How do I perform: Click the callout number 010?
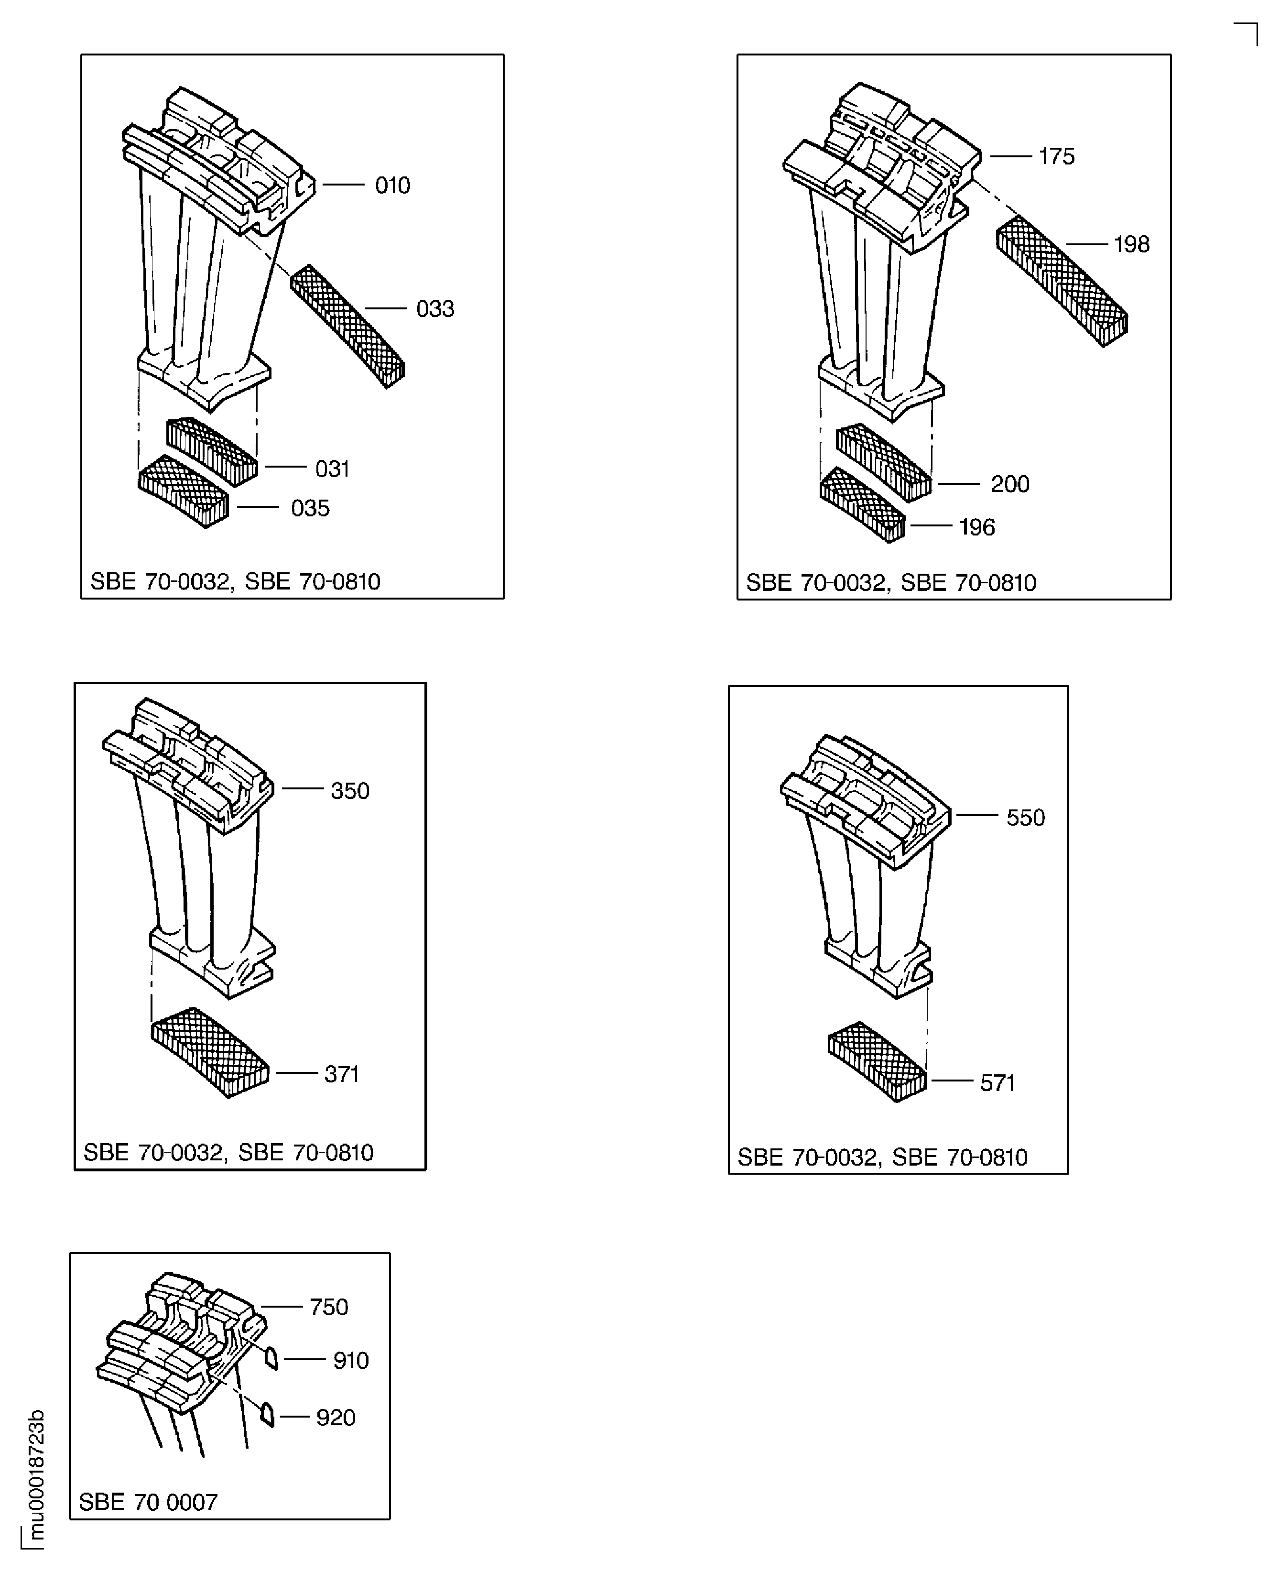pos(393,185)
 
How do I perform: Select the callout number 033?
pos(434,309)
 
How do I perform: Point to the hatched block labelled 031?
pos(212,451)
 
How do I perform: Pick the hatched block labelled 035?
pos(184,491)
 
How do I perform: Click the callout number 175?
pos(1056,156)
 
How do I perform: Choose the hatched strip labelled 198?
pos(1062,281)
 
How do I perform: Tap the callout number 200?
pos(1009,484)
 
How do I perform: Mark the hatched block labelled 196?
pos(862,505)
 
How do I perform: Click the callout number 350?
pos(349,791)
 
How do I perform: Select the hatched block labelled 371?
pos(210,1052)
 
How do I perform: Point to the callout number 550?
pos(1026,818)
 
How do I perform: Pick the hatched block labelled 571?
pos(877,1062)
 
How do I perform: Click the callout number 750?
pos(328,1308)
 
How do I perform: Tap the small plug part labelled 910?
pos(271,1357)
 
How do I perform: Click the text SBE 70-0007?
pos(148,1502)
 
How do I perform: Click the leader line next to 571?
pos(953,1081)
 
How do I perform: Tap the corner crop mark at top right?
pos(1257,23)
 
